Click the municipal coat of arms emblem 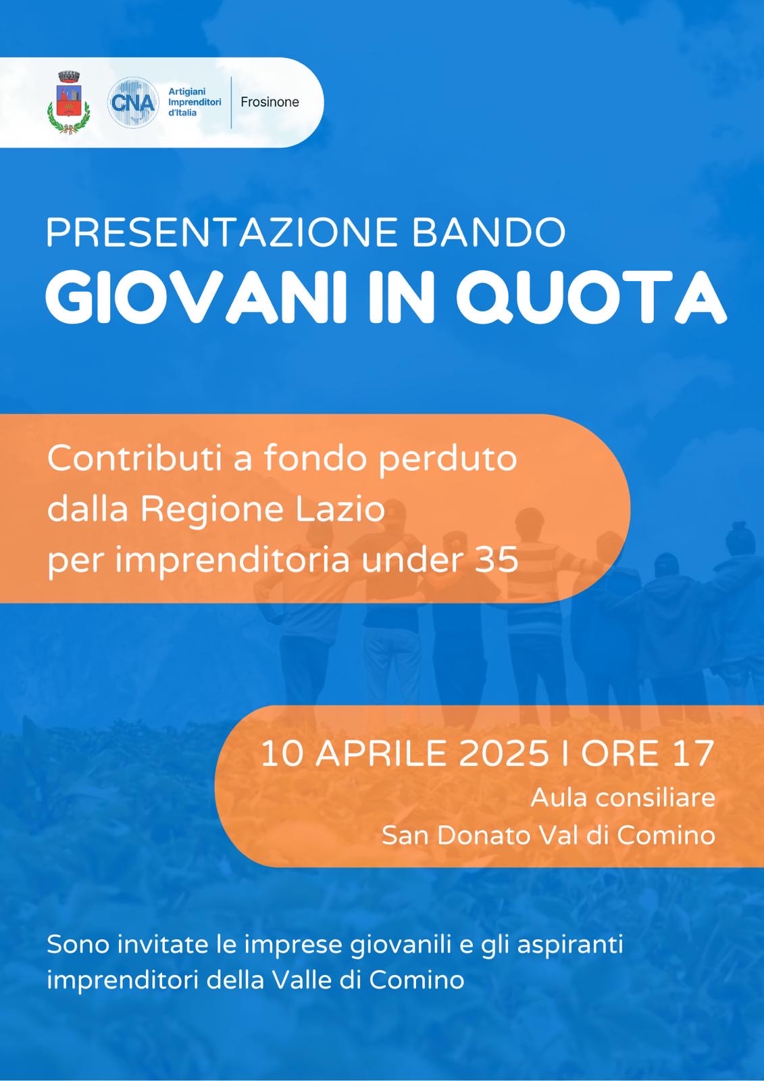(68, 102)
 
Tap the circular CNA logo (132, 102)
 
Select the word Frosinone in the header (270, 102)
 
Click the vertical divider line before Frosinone (231, 102)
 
